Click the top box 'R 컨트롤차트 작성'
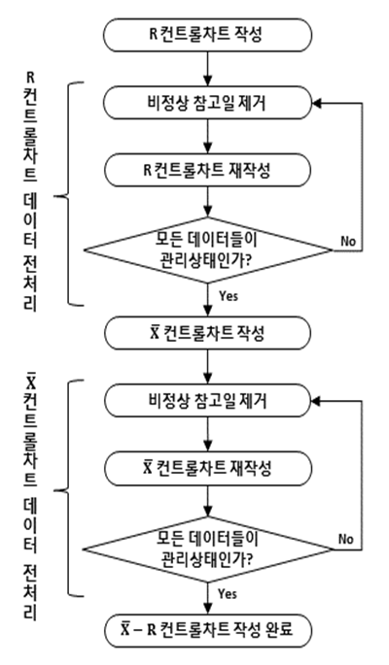tap(207, 35)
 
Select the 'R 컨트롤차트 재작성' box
tap(207, 170)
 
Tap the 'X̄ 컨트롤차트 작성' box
tap(207, 333)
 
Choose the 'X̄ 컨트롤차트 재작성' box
tap(207, 469)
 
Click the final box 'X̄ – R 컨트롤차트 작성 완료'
tap(207, 631)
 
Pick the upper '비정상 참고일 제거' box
tap(207, 103)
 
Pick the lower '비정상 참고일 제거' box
tap(207, 401)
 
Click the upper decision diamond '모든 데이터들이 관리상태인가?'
tap(207, 250)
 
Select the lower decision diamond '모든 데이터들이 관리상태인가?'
tap(207, 549)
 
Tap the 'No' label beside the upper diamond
tap(348, 242)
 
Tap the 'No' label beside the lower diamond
tap(345, 539)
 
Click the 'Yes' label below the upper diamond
tap(229, 295)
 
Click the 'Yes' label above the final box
tap(228, 593)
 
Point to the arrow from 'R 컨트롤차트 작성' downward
tap(207, 69)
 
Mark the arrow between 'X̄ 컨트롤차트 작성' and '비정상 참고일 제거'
tap(207, 367)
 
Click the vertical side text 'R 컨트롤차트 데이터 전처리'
tap(30, 191)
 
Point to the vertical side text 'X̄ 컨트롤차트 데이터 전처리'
tap(30, 495)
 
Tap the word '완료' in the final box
tap(279, 629)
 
